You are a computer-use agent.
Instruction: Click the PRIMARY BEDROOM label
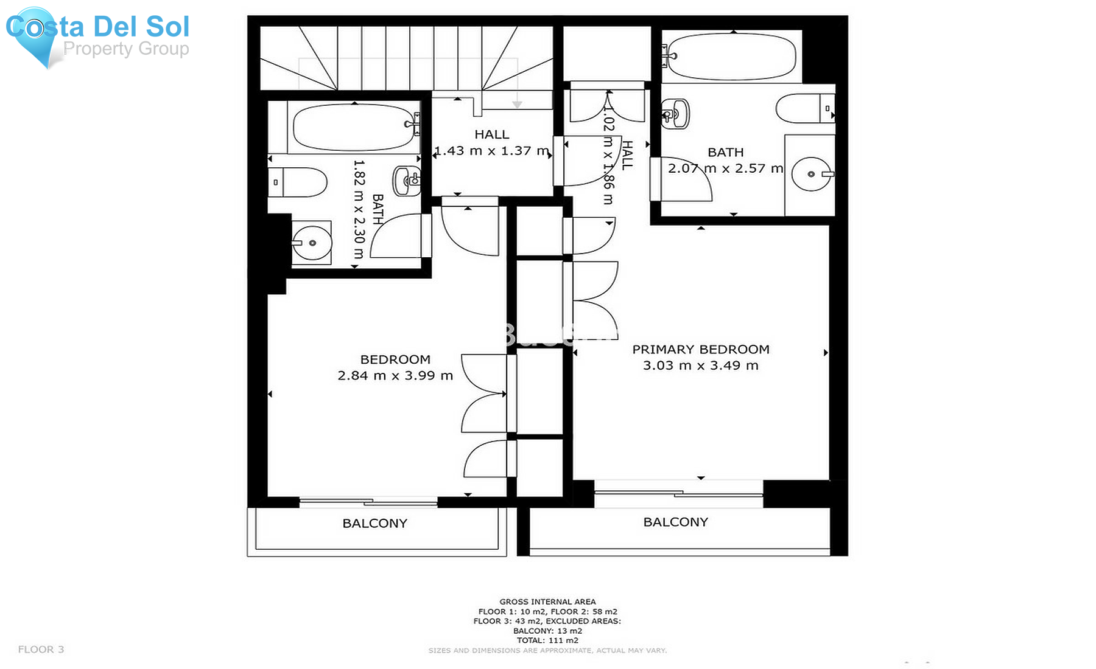[x=700, y=349]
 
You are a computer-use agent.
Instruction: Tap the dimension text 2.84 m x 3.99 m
[x=395, y=376]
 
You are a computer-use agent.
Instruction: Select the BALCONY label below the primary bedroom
[x=675, y=522]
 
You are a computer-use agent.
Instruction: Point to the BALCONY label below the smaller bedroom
[x=374, y=523]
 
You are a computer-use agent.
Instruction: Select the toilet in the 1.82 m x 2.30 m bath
[x=298, y=182]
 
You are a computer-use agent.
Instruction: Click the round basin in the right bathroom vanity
[x=810, y=174]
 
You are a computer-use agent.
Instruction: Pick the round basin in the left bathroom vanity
[x=312, y=243]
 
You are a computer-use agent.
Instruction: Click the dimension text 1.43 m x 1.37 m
[x=491, y=151]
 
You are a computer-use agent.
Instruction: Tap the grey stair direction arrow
[x=517, y=104]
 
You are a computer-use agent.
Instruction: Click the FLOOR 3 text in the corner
[x=41, y=649]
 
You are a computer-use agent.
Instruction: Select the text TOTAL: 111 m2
[x=547, y=640]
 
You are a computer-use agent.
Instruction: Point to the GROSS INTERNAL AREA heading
[x=547, y=601]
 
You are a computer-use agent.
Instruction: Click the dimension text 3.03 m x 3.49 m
[x=700, y=366]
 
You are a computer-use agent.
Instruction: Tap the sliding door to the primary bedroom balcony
[x=678, y=493]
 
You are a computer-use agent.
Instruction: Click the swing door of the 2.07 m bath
[x=682, y=182]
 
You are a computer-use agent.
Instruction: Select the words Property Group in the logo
[x=126, y=48]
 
